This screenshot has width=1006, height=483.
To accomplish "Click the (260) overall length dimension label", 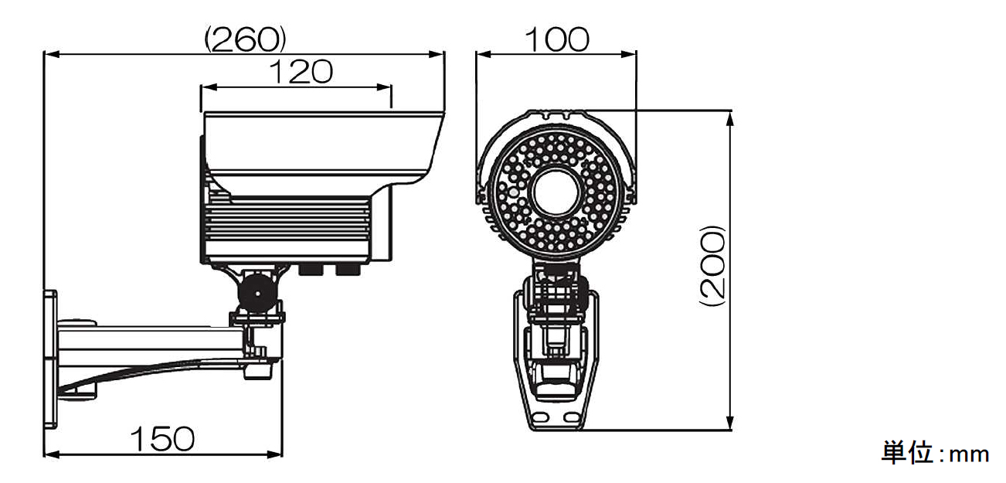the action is (x=245, y=39).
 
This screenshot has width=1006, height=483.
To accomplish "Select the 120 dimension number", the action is (x=301, y=72).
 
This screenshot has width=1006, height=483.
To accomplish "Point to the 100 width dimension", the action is (x=557, y=39).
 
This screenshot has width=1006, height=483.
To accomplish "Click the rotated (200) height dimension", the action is (x=713, y=266).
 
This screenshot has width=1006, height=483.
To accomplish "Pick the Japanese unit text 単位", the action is (x=907, y=452).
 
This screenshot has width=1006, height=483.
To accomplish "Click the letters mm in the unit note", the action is (x=969, y=454).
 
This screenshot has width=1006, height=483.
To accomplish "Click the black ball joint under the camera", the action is (x=257, y=293).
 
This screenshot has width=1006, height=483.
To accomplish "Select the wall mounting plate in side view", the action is (x=50, y=359).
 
